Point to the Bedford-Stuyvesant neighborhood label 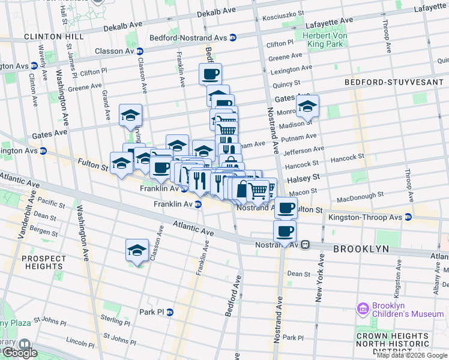pos(393,82)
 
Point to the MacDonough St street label pos(360,196)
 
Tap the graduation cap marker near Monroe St pos(307,107)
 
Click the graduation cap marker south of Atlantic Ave pos(137,249)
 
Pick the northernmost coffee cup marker pos(210,74)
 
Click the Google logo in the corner pos(19,352)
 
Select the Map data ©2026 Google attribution pos(412,355)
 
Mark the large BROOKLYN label pos(361,248)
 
